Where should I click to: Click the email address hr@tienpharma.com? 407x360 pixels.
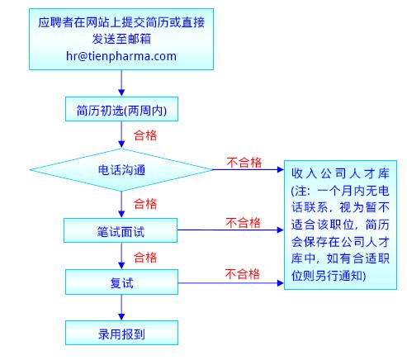121,56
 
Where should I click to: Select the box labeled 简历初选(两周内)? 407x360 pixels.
121,109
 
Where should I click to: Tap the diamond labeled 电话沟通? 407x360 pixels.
121,170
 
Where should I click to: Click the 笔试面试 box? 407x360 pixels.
121,230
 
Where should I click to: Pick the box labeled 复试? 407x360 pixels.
121,282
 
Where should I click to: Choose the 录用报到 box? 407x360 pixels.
121,333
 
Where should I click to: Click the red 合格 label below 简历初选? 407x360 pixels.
145,135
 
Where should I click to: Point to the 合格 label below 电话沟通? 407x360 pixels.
145,204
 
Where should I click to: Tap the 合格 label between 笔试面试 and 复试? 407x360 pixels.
145,258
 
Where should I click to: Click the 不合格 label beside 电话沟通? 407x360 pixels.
244,163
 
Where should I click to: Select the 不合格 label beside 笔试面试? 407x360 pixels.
244,223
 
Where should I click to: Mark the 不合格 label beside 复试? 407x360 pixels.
243,274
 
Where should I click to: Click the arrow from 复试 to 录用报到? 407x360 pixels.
121,307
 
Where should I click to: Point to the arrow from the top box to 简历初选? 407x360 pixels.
121,83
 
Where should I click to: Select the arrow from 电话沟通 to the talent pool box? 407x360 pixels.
248,169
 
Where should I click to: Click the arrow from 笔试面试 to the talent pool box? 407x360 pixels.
230,230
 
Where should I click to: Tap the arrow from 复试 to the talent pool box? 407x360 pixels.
231,283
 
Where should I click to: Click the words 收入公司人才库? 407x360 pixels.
340,173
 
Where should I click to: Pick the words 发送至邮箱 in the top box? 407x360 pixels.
121,39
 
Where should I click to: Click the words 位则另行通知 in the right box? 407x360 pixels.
328,276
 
